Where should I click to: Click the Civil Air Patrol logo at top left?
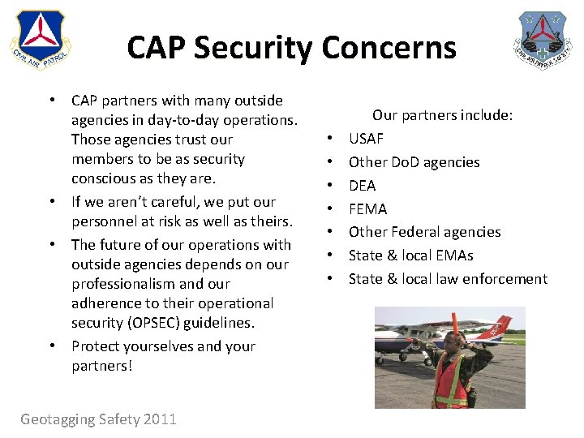click(40, 41)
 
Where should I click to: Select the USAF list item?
click(366, 139)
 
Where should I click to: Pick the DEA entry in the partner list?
click(362, 186)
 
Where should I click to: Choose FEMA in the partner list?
click(367, 209)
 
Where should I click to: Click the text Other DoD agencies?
click(414, 162)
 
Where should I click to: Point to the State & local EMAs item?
click(410, 255)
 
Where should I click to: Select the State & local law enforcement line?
click(448, 279)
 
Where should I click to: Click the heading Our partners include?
click(442, 115)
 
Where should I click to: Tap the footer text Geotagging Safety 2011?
click(98, 419)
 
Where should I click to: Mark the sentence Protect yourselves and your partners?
click(162, 355)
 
